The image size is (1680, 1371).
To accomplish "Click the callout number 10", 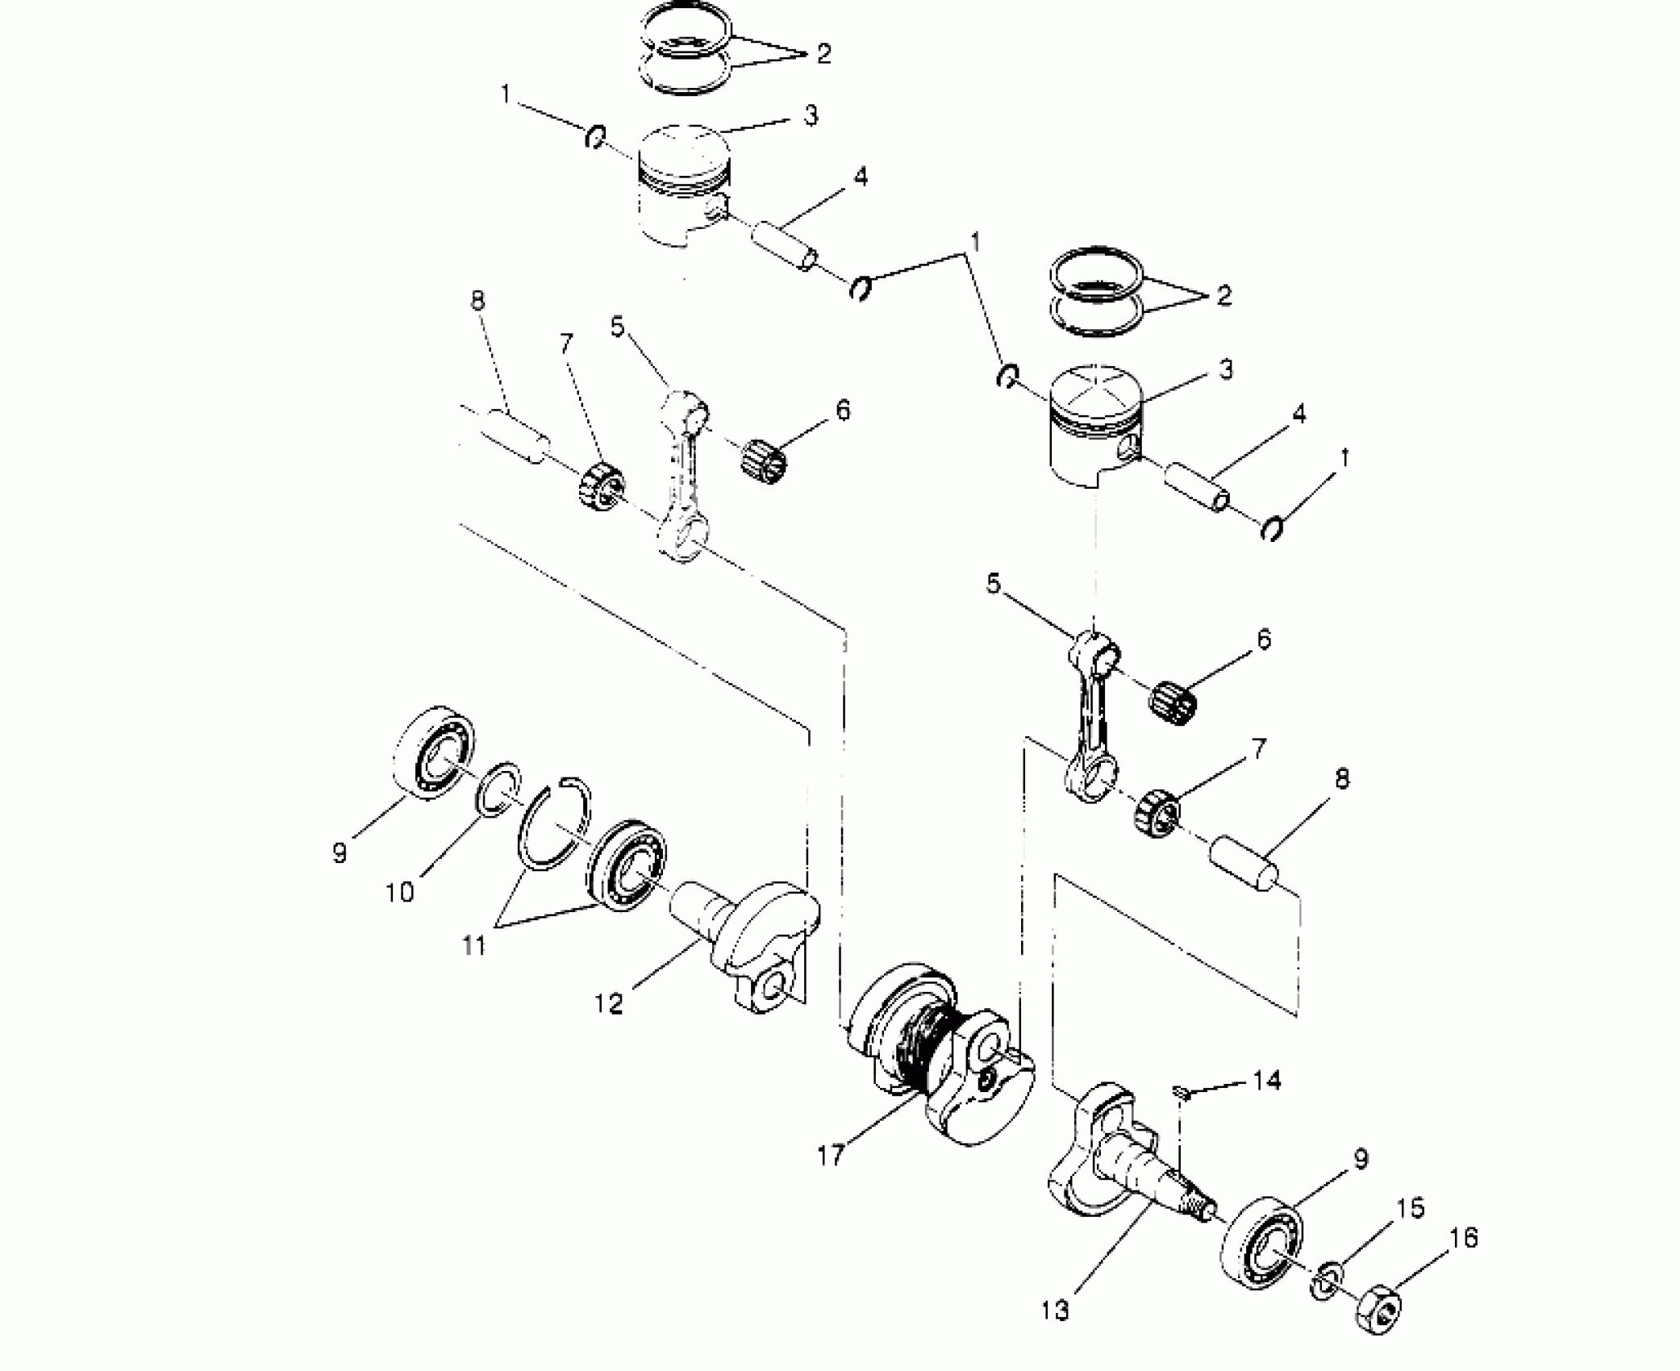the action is [x=400, y=892].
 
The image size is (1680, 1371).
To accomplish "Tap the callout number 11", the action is [x=474, y=944].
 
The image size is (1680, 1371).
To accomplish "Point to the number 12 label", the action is [x=609, y=1004].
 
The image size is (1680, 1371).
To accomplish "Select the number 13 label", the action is [x=1055, y=1311].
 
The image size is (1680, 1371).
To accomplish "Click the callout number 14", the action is [x=1267, y=1080].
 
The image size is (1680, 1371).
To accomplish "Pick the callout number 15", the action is [x=1411, y=1208].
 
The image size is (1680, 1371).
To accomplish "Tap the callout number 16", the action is [x=1464, y=1238].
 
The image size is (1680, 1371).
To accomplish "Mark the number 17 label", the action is [x=831, y=1156].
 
